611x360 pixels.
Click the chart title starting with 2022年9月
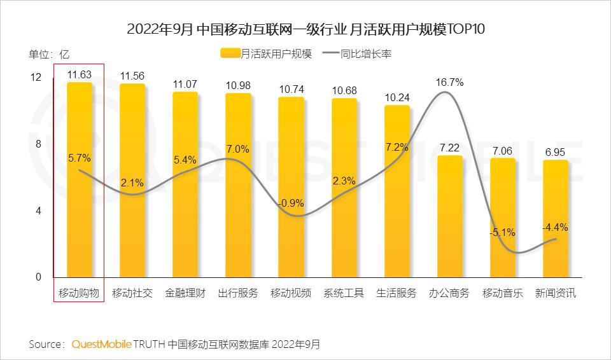305,30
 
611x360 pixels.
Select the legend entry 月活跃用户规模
268,54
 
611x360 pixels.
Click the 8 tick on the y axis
38,144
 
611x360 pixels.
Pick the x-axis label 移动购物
79,293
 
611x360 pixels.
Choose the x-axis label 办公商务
449,293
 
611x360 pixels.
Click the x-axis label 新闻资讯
555,293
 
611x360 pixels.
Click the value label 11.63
80,74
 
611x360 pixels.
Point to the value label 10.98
238,85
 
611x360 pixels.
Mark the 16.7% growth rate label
449,83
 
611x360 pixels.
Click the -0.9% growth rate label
291,204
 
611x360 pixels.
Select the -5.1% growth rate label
502,233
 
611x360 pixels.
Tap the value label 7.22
449,148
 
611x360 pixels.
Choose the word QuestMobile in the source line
101,344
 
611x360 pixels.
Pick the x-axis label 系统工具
344,293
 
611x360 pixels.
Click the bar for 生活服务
397,191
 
